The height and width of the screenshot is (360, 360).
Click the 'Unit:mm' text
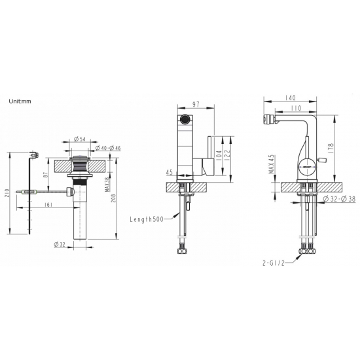tap(24, 101)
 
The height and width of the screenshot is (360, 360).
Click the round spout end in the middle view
tap(185, 119)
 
